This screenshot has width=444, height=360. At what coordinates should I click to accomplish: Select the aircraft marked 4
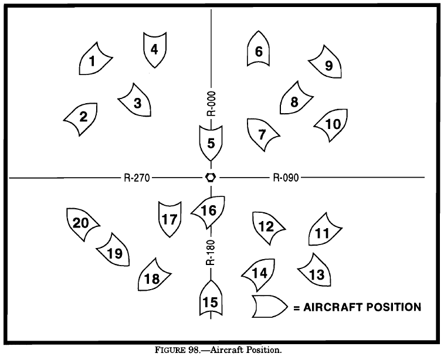coord(155,49)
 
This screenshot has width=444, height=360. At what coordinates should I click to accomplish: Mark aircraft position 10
coord(332,124)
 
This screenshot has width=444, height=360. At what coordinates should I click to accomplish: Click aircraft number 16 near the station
coord(209,210)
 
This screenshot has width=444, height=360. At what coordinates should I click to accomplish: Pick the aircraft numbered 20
coord(81,223)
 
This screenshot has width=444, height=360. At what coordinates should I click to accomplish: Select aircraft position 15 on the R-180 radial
coord(210,301)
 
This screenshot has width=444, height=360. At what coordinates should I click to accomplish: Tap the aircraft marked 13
coord(314,272)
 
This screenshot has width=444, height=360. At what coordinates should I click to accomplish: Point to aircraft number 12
coord(267,226)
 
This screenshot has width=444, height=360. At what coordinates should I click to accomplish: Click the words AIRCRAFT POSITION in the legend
coord(362,306)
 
